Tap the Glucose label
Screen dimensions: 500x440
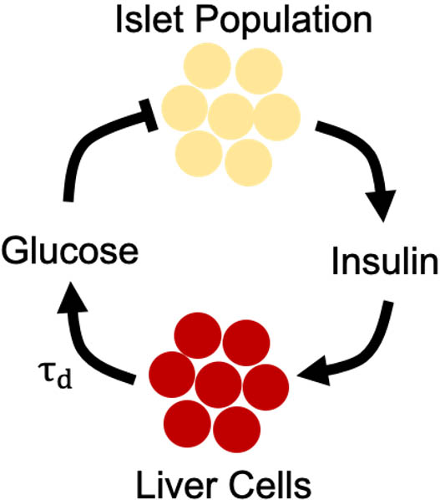coord(69,249)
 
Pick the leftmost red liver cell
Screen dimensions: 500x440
coord(170,373)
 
